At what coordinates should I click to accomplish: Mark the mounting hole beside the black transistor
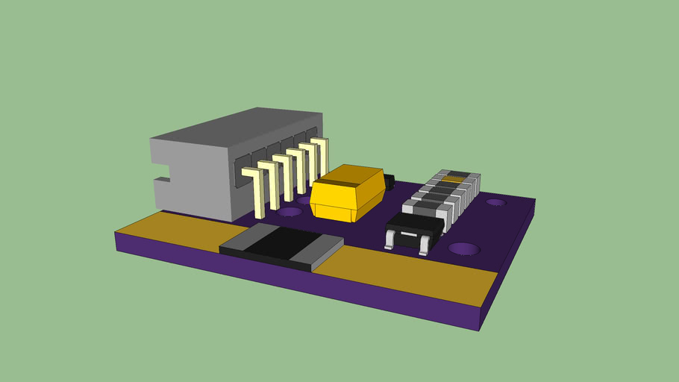pos(463,248)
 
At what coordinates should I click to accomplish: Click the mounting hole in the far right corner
pos(496,202)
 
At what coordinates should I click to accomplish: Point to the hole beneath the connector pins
pos(290,212)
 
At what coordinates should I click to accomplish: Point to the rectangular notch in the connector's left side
pos(162,181)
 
